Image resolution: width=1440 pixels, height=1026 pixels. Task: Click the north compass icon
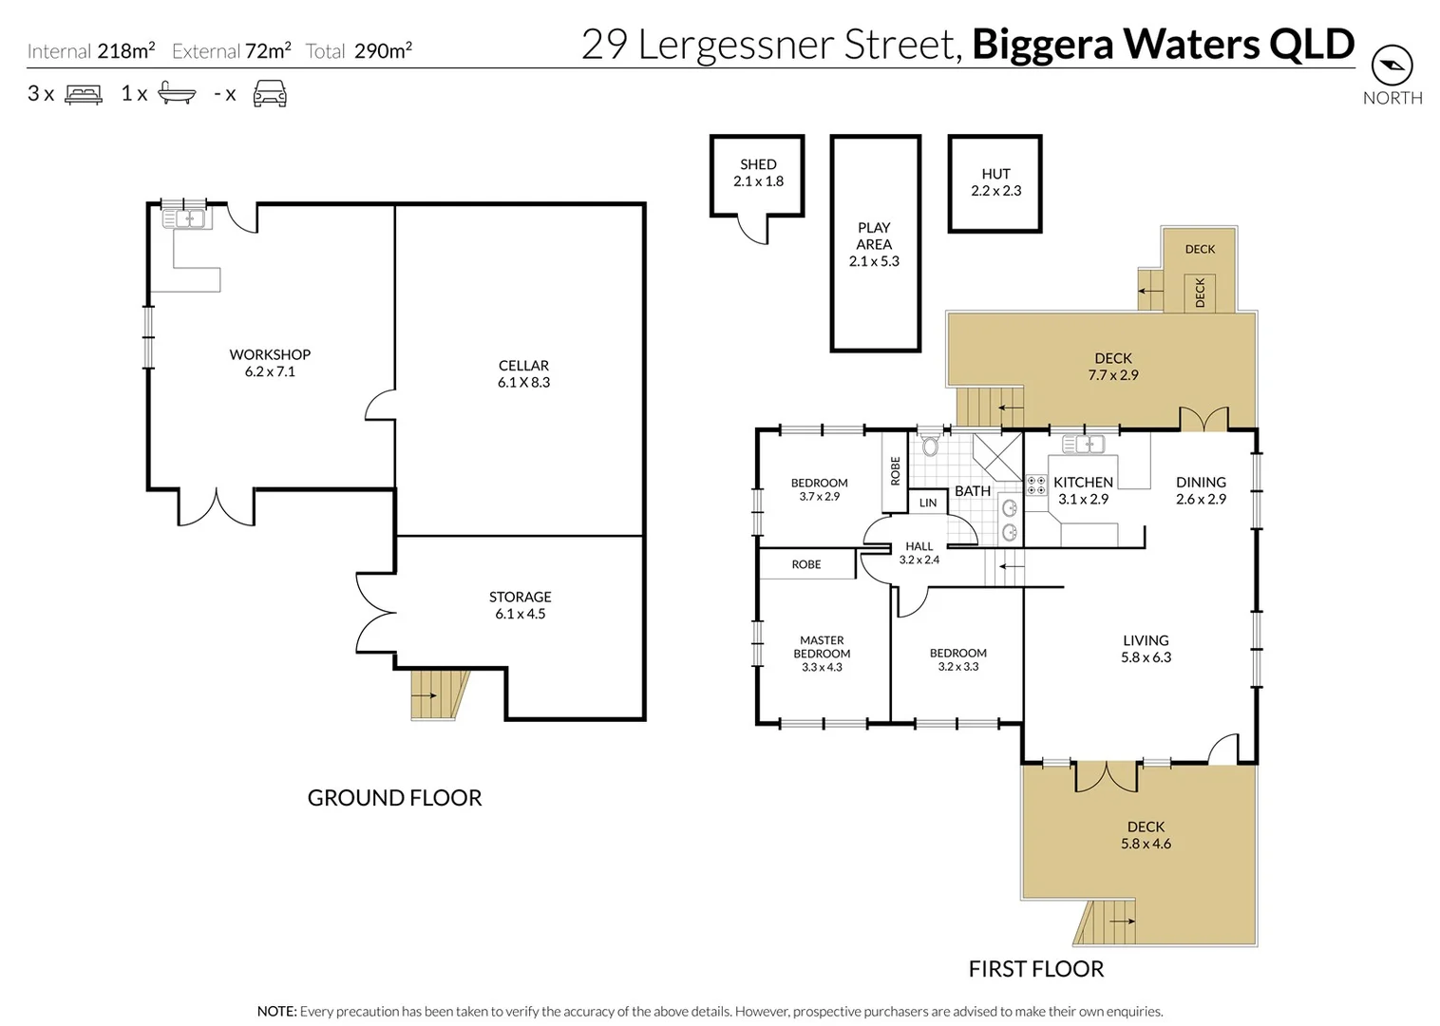click(1392, 66)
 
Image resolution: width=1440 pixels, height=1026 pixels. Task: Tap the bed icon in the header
click(83, 94)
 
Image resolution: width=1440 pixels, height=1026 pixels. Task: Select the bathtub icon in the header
click(177, 93)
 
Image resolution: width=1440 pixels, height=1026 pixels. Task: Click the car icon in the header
click(270, 93)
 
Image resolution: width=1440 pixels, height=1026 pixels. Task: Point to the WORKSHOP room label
click(270, 363)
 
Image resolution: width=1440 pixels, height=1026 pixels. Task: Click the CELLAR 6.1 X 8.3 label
click(523, 373)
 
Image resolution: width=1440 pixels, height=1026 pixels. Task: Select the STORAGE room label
click(520, 605)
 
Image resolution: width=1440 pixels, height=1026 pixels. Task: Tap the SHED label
click(758, 172)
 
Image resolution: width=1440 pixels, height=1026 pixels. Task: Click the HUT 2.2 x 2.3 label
click(995, 181)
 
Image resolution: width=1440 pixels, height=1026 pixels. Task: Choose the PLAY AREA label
click(874, 244)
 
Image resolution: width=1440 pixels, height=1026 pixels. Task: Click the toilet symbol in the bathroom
click(930, 445)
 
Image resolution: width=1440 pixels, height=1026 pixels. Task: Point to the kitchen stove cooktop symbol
click(1035, 485)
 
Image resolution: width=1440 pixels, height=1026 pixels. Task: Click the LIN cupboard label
click(928, 503)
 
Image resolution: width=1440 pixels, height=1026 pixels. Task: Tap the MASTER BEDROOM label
click(822, 654)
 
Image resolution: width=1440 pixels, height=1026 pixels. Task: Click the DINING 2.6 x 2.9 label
click(1201, 490)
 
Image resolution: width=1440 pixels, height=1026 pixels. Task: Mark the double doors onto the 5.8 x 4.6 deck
click(1106, 777)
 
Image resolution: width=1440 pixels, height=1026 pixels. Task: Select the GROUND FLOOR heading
click(394, 798)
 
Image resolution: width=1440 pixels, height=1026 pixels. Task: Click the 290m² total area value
click(383, 51)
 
